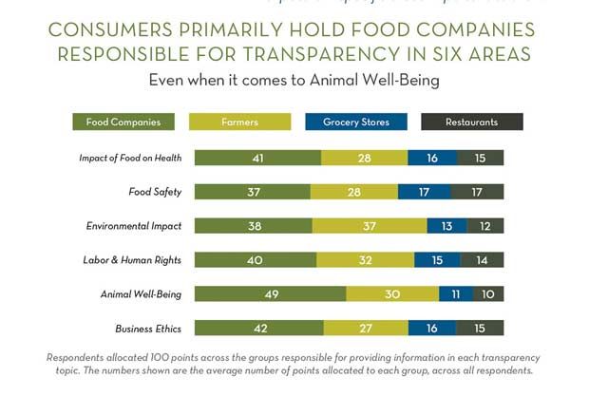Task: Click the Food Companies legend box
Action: point(123,122)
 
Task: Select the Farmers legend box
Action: point(240,122)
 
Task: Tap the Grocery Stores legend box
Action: point(356,122)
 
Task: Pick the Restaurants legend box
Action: point(472,122)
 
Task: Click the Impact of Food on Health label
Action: point(130,158)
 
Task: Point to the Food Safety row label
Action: point(155,192)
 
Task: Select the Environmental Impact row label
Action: point(134,226)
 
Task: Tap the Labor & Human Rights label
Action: point(134,260)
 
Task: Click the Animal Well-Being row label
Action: point(141,294)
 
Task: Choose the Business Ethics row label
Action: point(148,329)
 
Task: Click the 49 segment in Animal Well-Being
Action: point(271,294)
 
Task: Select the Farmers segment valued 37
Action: point(369,226)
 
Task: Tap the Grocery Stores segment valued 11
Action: point(456,294)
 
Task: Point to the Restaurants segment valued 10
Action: point(488,294)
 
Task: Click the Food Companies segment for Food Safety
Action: point(252,192)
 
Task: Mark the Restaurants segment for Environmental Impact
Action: point(485,226)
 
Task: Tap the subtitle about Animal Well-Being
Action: point(294,81)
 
